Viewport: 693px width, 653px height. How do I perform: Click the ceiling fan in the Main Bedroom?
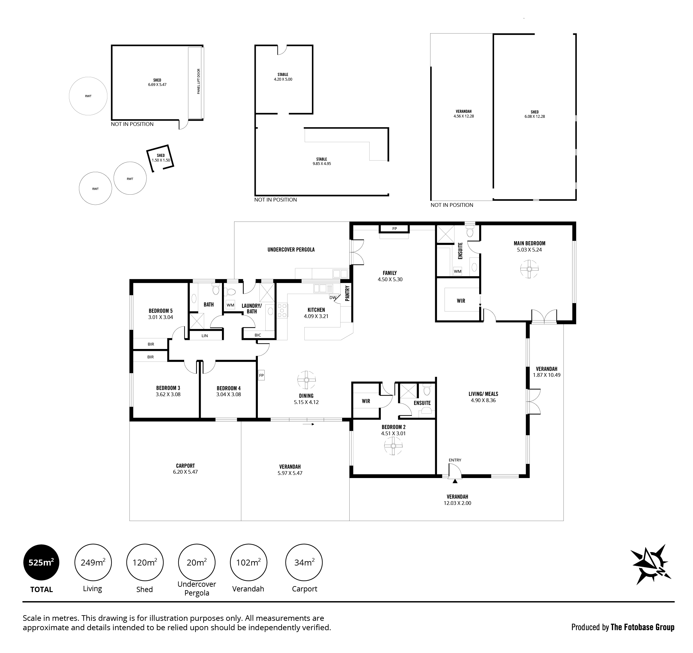[x=529, y=269]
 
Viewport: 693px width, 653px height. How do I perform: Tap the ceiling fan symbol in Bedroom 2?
[x=393, y=446]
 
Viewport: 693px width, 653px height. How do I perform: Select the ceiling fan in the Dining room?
[x=307, y=380]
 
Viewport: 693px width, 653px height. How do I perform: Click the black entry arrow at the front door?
[x=455, y=481]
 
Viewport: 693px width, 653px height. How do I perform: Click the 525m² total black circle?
[x=41, y=562]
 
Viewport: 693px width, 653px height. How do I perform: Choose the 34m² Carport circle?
[x=304, y=562]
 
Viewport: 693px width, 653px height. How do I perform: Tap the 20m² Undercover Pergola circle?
[x=197, y=562]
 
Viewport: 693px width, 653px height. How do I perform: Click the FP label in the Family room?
[x=395, y=229]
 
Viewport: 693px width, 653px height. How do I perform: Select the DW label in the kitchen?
[x=333, y=297]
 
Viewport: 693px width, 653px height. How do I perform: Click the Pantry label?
[x=347, y=293]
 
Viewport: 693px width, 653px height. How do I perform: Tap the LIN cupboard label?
[x=205, y=336]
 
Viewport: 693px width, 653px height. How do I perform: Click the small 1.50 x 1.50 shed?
[x=160, y=158]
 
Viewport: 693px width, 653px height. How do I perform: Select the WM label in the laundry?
[x=230, y=305]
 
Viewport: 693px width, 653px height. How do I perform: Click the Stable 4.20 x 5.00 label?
[x=283, y=77]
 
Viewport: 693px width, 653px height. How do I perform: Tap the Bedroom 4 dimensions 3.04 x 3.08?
[x=229, y=395]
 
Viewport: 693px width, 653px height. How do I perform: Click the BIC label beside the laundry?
[x=258, y=335]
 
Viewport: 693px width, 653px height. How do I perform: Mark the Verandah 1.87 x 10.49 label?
[x=547, y=372]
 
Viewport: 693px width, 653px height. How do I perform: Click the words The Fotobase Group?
[x=642, y=627]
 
